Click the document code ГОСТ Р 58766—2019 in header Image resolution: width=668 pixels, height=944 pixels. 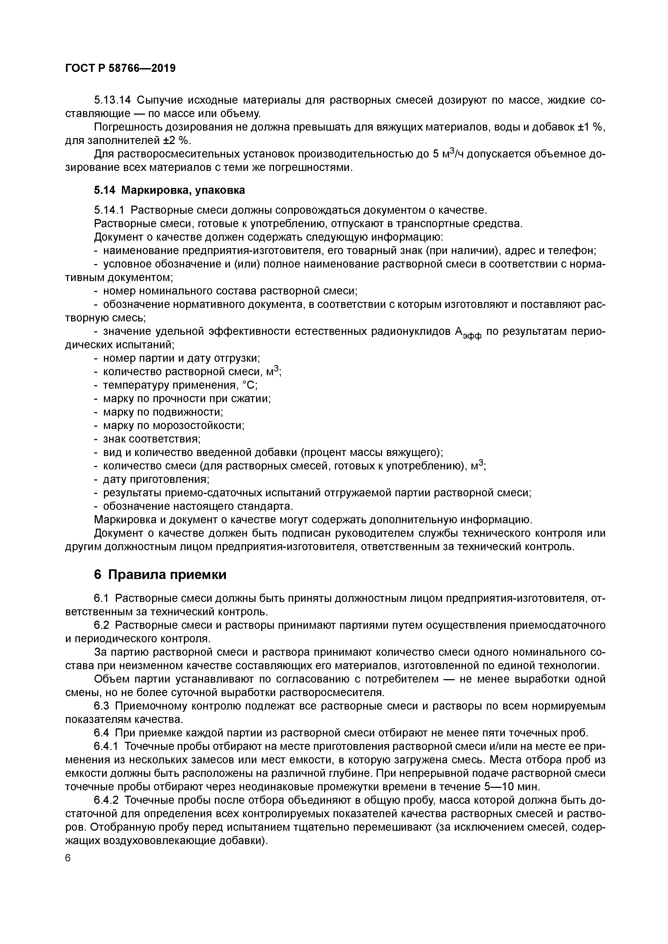[x=120, y=68]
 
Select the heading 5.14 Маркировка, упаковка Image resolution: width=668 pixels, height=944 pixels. [x=169, y=190]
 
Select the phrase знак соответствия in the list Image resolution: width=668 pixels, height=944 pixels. [x=151, y=439]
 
